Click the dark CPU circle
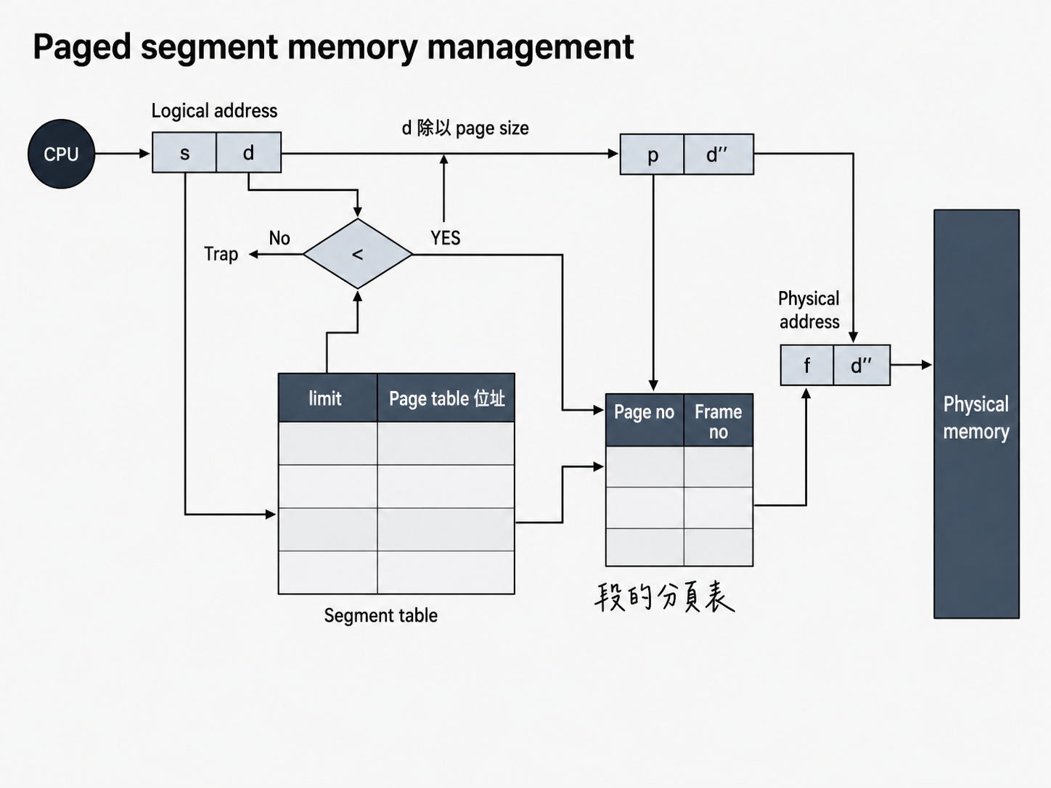coord(61,154)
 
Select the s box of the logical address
coord(184,152)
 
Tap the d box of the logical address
coord(248,152)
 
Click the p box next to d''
coord(652,155)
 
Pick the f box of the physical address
coord(807,365)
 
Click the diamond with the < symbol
coord(358,254)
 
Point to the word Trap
coord(221,254)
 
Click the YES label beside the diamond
coord(446,238)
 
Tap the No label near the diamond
coord(279,238)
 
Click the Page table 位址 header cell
coord(446,398)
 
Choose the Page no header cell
coord(645,420)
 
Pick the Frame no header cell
coord(719,420)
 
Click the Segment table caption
coord(380,615)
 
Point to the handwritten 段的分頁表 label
coord(664,597)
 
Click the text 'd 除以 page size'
coord(465,128)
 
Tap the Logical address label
coord(214,111)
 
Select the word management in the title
coord(530,48)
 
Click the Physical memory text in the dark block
coord(976,418)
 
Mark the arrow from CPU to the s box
coord(123,154)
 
